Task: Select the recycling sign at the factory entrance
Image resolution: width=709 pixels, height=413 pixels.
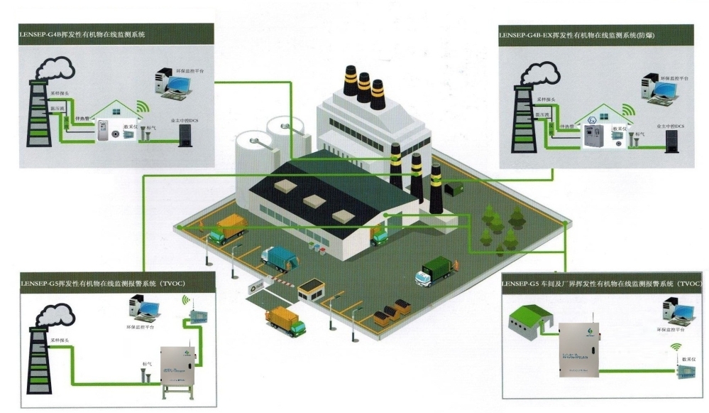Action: tap(253, 287)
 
